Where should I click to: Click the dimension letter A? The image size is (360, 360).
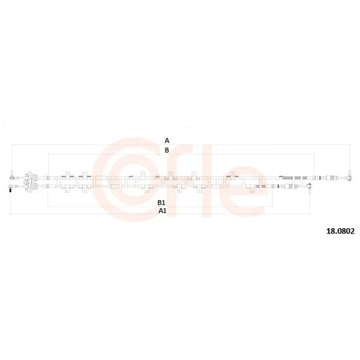pyautogui.click(x=167, y=140)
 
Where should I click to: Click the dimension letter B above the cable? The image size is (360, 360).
pyautogui.click(x=167, y=150)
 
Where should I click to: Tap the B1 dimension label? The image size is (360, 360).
pyautogui.click(x=161, y=203)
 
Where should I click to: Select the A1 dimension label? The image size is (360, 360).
pyautogui.click(x=163, y=211)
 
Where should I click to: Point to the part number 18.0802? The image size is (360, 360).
pyautogui.click(x=341, y=231)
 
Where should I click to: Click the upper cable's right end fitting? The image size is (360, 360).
pyautogui.click(x=349, y=176)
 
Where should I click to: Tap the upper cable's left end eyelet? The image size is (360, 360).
pyautogui.click(x=12, y=176)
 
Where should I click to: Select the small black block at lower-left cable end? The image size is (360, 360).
pyautogui.click(x=10, y=190)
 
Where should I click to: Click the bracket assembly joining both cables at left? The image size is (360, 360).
pyautogui.click(x=30, y=181)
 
